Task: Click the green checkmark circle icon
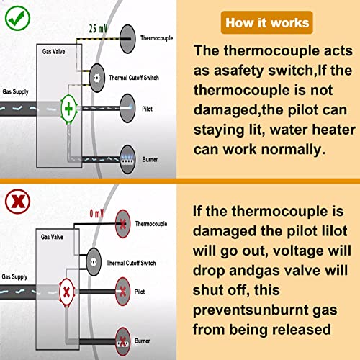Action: (x=17, y=18)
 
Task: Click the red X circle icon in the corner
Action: (x=17, y=202)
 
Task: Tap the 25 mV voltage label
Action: (x=98, y=29)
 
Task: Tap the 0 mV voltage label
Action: (x=96, y=213)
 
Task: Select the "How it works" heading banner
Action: (x=267, y=22)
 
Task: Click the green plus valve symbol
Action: (x=69, y=109)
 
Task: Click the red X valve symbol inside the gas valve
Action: (x=67, y=292)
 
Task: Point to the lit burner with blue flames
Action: (x=127, y=159)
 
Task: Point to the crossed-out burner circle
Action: (x=123, y=341)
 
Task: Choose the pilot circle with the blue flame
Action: (x=127, y=108)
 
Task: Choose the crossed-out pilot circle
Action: (x=123, y=292)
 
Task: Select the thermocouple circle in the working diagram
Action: (x=127, y=39)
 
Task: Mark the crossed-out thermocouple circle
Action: (x=123, y=224)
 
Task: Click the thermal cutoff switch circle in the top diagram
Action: (x=97, y=78)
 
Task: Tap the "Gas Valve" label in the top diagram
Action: (x=53, y=51)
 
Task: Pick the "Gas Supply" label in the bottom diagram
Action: (x=14, y=276)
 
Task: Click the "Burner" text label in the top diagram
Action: (x=150, y=159)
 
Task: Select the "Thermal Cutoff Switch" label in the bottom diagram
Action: (x=131, y=263)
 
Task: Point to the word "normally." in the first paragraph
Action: (x=293, y=150)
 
